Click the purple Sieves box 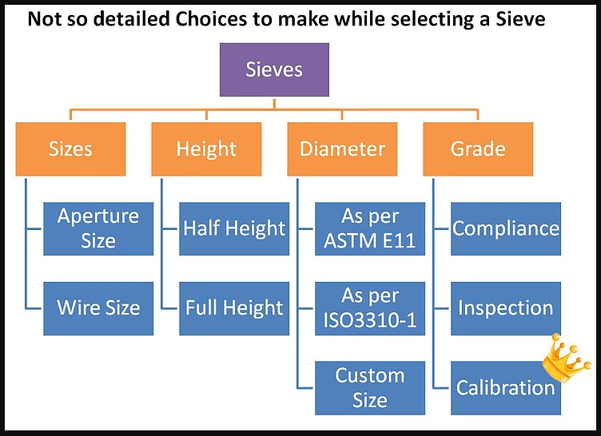coord(274,69)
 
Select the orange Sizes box coord(70,149)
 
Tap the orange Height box coord(206,149)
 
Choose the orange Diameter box coord(342,149)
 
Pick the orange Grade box coord(478,149)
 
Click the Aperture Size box coord(98,228)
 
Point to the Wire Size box coord(98,308)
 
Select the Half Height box coord(234,228)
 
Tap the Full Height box coord(234,308)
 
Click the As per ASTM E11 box coord(370,228)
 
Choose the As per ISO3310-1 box coord(370,308)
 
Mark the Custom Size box coord(370,388)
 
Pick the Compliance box coord(506,228)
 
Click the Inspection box coord(506,308)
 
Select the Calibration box coord(506,388)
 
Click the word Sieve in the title coord(520,18)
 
